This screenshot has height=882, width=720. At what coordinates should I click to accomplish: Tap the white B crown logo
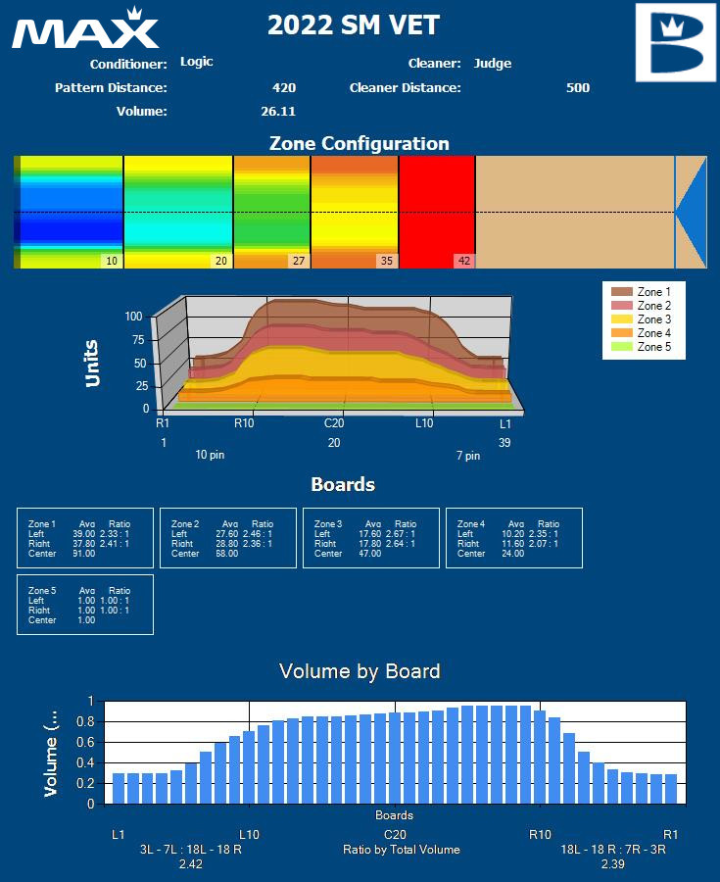(x=676, y=42)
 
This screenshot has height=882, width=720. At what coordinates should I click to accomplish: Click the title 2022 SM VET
(x=354, y=25)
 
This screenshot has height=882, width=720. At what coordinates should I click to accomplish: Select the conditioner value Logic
(x=196, y=62)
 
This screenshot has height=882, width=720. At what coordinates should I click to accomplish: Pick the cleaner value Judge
(x=492, y=64)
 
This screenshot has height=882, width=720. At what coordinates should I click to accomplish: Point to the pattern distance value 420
(x=284, y=88)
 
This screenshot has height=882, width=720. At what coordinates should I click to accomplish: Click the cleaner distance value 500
(x=578, y=88)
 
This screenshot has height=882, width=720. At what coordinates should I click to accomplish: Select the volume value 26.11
(x=278, y=112)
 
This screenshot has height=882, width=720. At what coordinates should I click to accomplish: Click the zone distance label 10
(x=112, y=261)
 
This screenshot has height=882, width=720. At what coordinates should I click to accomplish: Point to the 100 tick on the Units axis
(x=135, y=317)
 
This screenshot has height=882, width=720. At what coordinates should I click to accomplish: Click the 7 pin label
(x=468, y=456)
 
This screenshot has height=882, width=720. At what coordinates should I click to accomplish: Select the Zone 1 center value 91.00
(x=84, y=554)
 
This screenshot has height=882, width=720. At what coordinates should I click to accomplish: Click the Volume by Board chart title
(x=360, y=671)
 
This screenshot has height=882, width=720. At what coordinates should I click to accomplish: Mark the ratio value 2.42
(x=190, y=864)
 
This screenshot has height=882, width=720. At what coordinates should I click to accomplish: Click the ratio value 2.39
(x=613, y=864)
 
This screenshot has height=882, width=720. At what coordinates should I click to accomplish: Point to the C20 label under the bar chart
(x=395, y=835)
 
